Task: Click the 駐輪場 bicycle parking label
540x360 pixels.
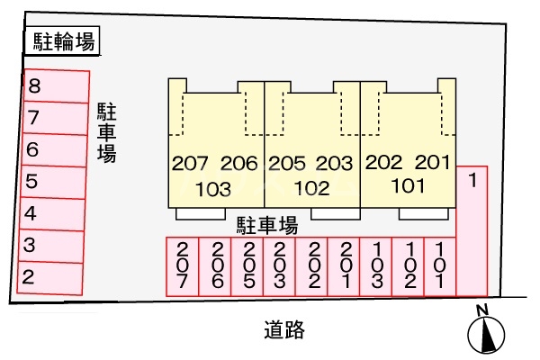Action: [60, 40]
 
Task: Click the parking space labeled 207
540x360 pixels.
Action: [184, 266]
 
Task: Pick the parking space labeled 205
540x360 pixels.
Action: [248, 266]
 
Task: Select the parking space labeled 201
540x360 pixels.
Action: [346, 266]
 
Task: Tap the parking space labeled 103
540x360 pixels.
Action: [378, 266]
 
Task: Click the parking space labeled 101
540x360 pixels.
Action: [440, 266]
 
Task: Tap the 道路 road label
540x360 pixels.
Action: [284, 330]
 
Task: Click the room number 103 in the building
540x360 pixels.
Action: [214, 189]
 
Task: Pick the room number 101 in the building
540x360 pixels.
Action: [408, 187]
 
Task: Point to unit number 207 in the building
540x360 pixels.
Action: [191, 164]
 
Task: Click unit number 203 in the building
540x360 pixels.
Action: [334, 164]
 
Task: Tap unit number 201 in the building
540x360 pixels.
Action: [432, 163]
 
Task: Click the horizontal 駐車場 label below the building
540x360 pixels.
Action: [267, 223]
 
